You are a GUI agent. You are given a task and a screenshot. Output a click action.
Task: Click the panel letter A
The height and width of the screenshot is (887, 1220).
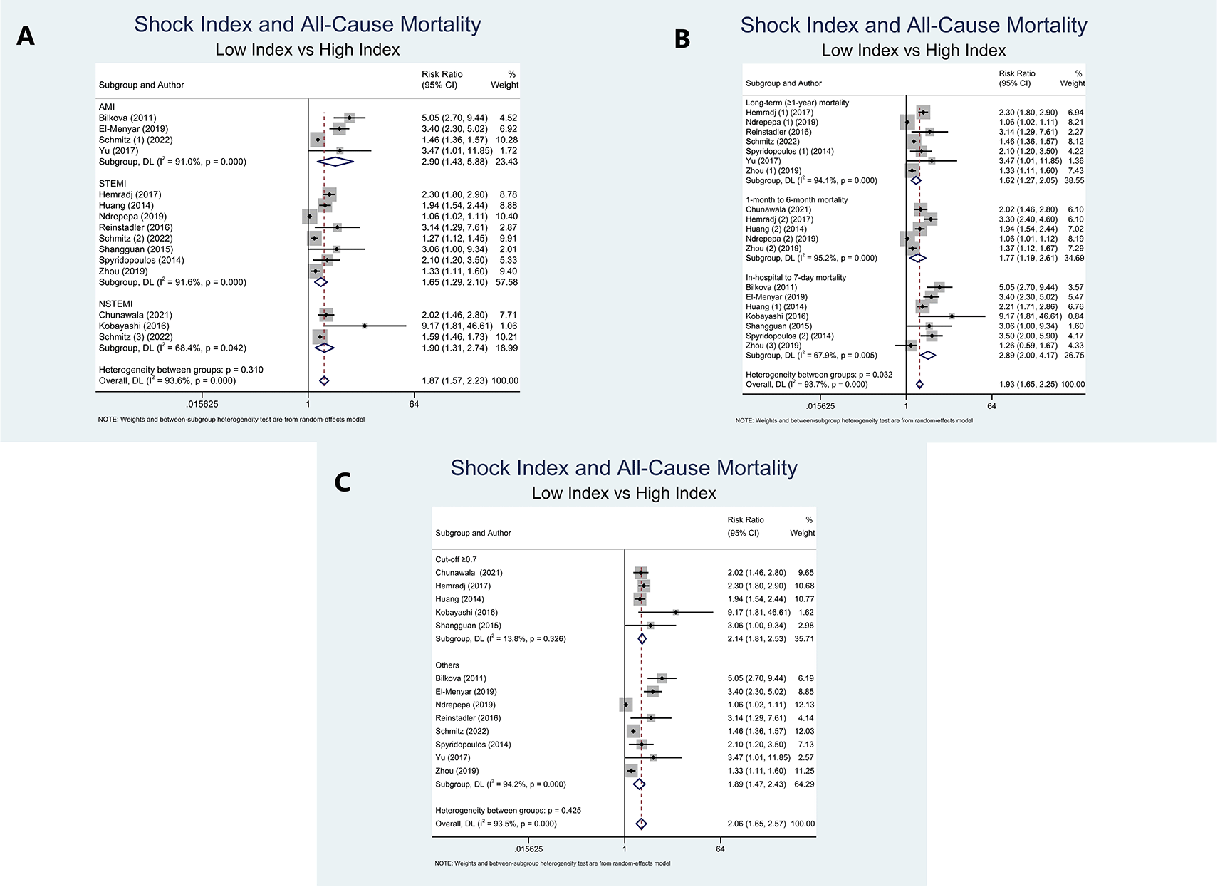click(26, 36)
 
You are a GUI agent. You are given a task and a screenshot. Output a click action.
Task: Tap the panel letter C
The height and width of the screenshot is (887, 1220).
click(343, 482)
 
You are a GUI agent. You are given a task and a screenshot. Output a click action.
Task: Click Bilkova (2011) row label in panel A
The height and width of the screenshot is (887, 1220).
click(127, 118)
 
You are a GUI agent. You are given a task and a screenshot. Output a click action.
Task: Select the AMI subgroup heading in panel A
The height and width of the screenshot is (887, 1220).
click(107, 107)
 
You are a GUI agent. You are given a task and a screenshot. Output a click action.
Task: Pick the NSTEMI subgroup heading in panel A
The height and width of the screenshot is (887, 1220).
click(116, 304)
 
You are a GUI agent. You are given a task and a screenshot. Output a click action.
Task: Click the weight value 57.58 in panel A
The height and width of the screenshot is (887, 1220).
click(506, 282)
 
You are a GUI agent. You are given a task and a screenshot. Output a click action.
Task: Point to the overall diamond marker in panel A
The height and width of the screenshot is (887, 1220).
click(324, 381)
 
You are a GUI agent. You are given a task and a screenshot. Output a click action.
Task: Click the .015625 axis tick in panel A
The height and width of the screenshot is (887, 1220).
click(202, 404)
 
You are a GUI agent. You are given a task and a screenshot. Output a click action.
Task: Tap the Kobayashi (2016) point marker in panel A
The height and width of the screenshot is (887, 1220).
click(365, 326)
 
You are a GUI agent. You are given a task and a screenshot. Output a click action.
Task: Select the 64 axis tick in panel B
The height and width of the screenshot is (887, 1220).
click(991, 406)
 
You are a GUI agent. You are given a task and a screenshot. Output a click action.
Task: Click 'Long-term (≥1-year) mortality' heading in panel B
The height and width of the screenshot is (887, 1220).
click(797, 103)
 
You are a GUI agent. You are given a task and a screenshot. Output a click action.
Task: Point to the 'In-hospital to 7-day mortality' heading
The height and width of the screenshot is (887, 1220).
click(796, 277)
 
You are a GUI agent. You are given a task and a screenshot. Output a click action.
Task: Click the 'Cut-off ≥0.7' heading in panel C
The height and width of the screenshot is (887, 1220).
click(456, 559)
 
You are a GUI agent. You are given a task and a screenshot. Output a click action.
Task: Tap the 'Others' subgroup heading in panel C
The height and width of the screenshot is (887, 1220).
click(447, 665)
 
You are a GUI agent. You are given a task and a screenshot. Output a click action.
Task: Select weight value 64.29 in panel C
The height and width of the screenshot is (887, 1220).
click(804, 784)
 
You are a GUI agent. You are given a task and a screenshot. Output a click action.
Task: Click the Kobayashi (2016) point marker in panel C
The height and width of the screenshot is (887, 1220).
click(675, 613)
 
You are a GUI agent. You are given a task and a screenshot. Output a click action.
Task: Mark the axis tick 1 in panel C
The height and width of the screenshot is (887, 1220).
click(625, 849)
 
